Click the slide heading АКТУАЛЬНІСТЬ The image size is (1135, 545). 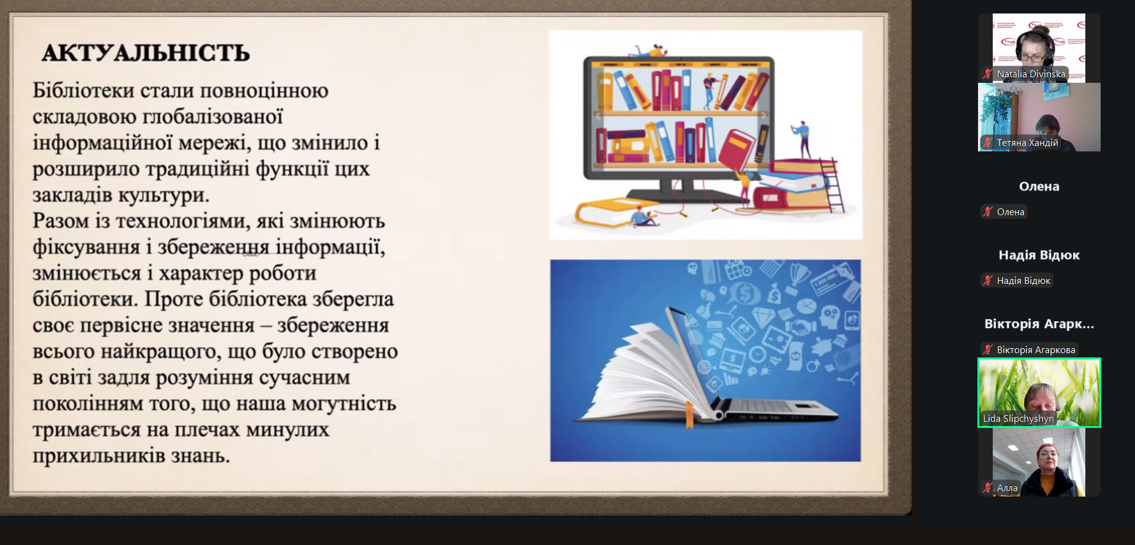tap(146, 53)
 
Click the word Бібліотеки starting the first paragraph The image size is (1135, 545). tap(83, 91)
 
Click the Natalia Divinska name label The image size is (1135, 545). tap(1031, 74)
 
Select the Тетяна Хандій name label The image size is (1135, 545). tap(1027, 143)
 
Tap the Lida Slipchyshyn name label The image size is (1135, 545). tap(1018, 419)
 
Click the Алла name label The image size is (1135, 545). tap(1007, 488)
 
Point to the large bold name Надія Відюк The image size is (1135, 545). tap(1039, 255)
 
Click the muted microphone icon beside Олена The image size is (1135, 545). tap(987, 212)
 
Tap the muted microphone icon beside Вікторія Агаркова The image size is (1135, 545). tap(987, 350)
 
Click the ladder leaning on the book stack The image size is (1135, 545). tap(832, 184)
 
